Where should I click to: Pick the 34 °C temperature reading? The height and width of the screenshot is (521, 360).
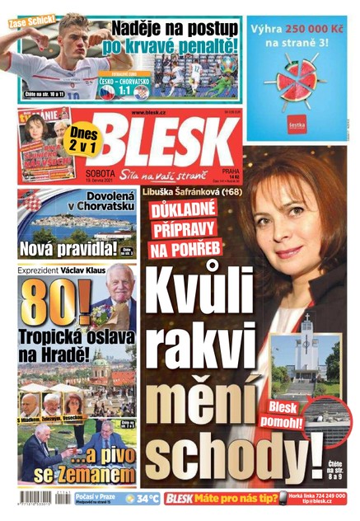pyautogui.click(x=147, y=499)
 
